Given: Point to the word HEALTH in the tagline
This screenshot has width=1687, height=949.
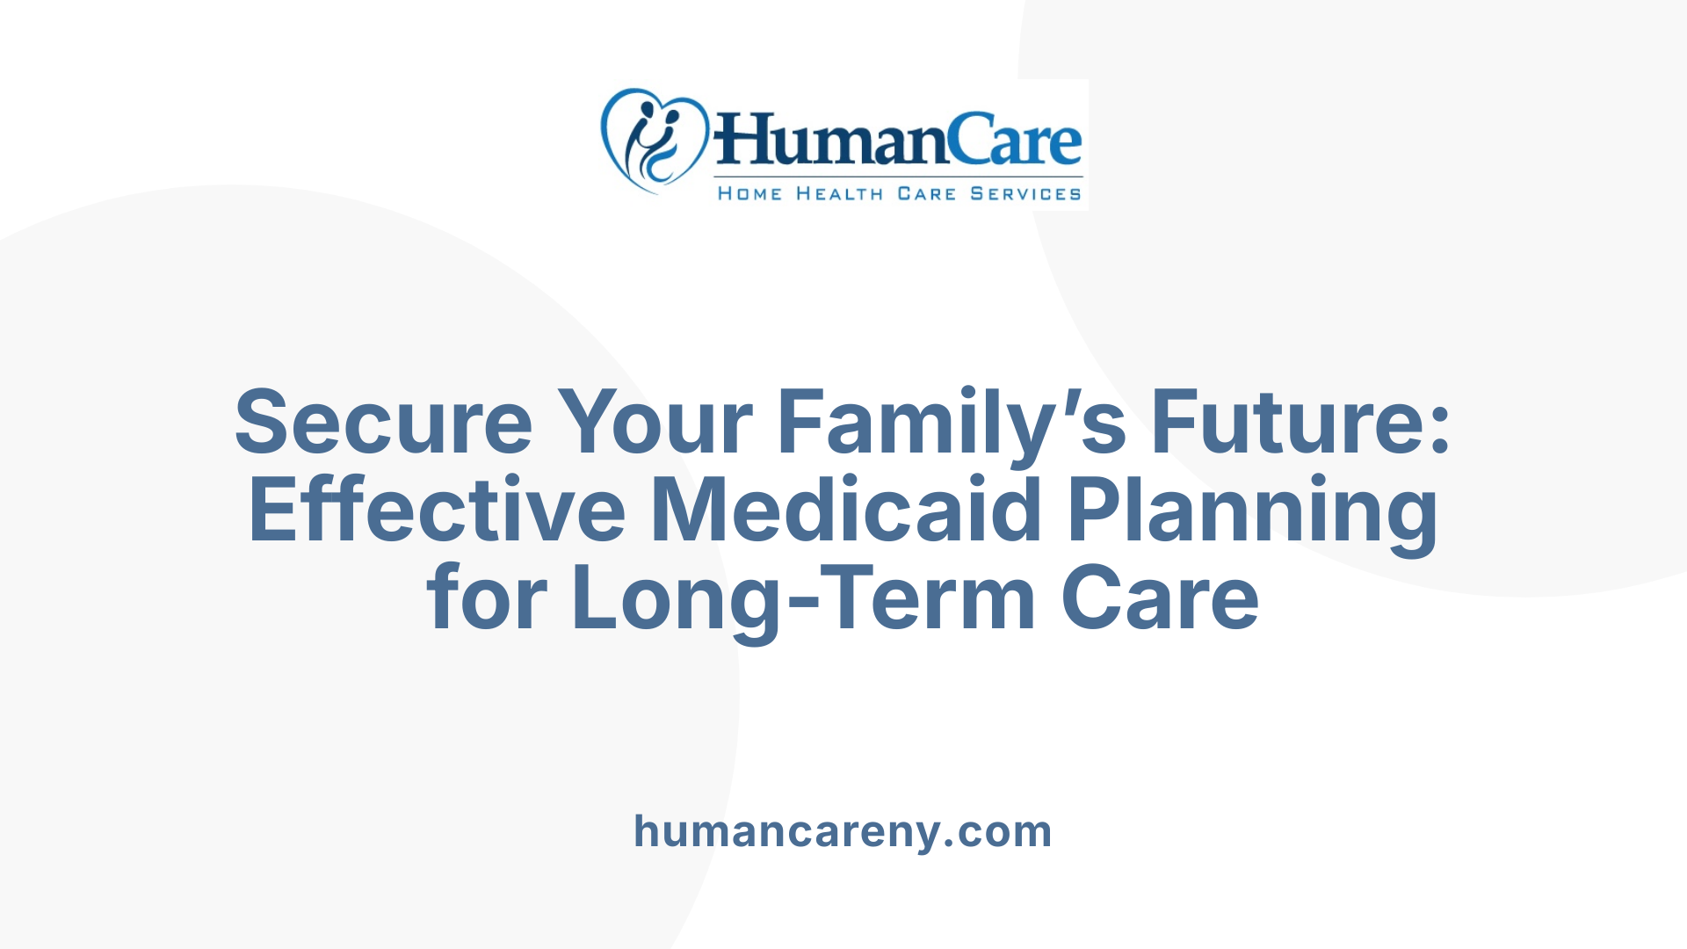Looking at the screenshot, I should click(839, 193).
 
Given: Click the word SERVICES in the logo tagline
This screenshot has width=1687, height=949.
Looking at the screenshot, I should click(1025, 193).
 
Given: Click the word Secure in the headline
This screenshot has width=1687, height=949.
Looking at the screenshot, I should click(384, 423).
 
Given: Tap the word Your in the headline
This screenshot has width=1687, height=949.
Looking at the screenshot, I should click(655, 423).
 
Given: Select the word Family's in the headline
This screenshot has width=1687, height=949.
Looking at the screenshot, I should click(952, 423).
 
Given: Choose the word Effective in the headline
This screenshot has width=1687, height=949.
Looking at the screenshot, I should click(438, 511).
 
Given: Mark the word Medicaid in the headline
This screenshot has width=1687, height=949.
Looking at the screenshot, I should click(845, 511).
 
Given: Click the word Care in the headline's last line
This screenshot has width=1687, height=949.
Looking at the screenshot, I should click(1160, 598).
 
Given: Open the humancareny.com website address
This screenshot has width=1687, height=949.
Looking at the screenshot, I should click(843, 831).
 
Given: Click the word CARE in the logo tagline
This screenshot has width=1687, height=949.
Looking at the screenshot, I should click(926, 193).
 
